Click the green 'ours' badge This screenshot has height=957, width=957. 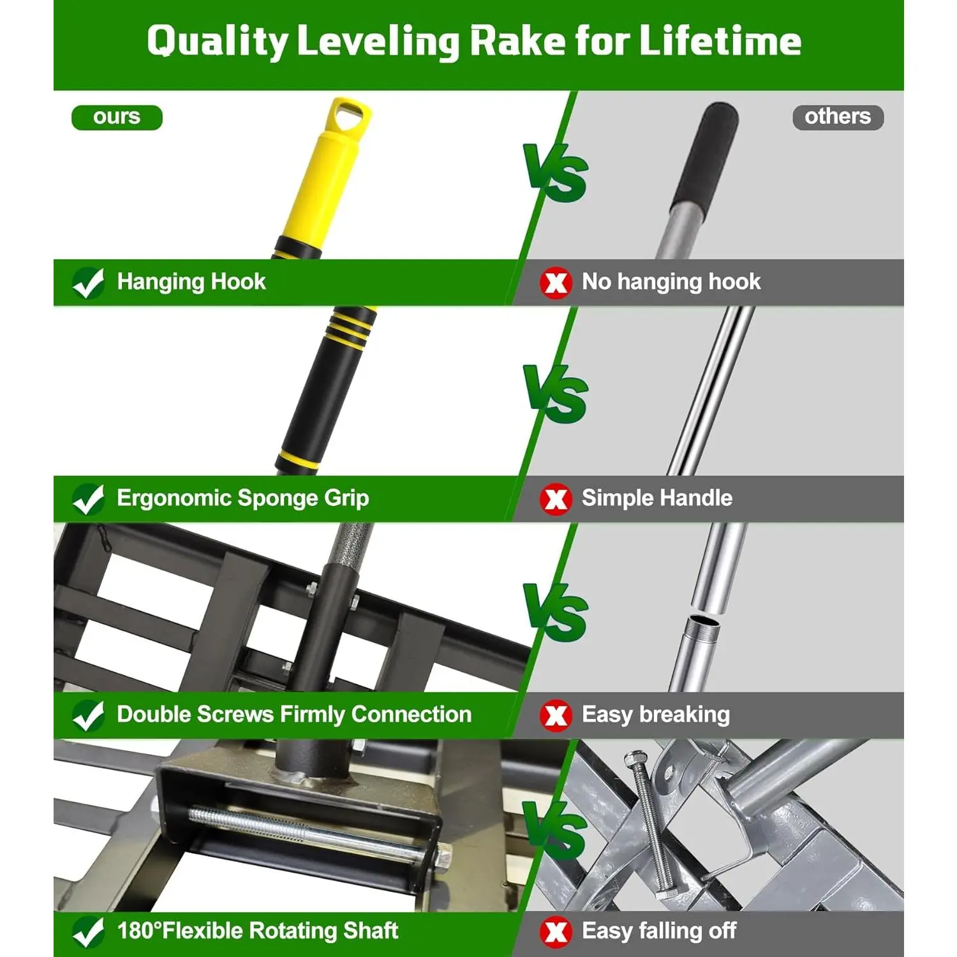(117, 117)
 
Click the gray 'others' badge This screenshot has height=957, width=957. (838, 117)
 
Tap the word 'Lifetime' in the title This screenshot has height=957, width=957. (720, 41)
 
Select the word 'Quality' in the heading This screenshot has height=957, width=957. (218, 41)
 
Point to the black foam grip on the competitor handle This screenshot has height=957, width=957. (706, 156)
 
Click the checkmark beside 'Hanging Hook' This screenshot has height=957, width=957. (89, 283)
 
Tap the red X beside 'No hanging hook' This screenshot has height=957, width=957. (556, 283)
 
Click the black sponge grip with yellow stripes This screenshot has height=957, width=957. (325, 389)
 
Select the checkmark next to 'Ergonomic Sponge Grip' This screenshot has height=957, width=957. (89, 499)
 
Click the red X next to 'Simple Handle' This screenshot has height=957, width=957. (556, 499)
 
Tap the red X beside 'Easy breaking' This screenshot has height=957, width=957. (556, 715)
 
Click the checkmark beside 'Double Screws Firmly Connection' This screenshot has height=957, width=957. (89, 715)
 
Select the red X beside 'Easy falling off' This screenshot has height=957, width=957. (556, 932)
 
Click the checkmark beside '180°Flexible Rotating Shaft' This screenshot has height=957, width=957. (89, 932)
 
